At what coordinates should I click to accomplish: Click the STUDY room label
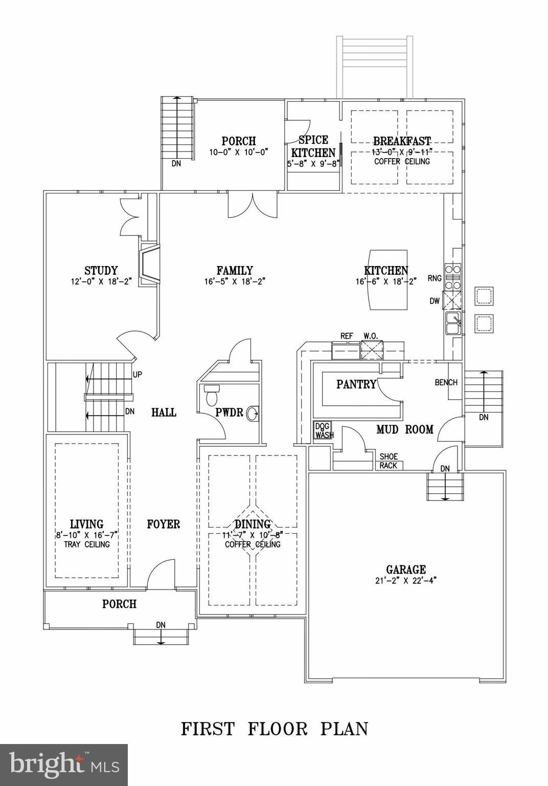pyautogui.click(x=101, y=271)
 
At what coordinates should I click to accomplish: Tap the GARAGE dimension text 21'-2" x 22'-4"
pyautogui.click(x=405, y=581)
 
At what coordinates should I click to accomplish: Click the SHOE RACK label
pyautogui.click(x=389, y=461)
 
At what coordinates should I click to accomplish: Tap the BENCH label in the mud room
pyautogui.click(x=446, y=382)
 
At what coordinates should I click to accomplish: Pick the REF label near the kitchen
pyautogui.click(x=347, y=336)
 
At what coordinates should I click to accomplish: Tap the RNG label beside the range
pyautogui.click(x=435, y=278)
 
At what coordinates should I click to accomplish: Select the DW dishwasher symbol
pyautogui.click(x=452, y=301)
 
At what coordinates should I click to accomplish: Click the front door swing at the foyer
pyautogui.click(x=161, y=574)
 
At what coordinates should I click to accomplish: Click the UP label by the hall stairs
pyautogui.click(x=138, y=375)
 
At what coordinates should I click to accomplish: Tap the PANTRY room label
pyautogui.click(x=356, y=384)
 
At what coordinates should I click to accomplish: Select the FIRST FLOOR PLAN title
pyautogui.click(x=275, y=729)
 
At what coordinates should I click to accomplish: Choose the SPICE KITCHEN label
pyautogui.click(x=313, y=146)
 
